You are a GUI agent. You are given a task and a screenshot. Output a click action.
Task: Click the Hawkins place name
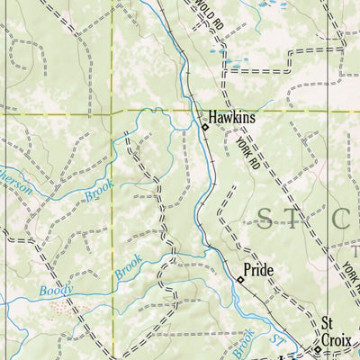point(232,116)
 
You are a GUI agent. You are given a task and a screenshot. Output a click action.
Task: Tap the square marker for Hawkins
point(204,128)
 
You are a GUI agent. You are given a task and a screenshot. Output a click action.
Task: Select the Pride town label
point(259,270)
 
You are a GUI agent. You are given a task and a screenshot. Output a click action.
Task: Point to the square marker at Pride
point(240,281)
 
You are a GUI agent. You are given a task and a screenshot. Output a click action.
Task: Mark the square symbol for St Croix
point(317,347)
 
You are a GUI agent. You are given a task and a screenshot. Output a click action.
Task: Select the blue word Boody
point(55,290)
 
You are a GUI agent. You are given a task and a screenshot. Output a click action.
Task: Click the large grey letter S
point(271,216)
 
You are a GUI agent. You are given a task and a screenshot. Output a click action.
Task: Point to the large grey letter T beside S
point(306,217)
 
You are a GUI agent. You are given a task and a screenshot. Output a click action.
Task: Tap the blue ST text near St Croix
point(276,339)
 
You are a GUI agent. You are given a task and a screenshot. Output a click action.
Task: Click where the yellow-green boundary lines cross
point(112,111)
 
